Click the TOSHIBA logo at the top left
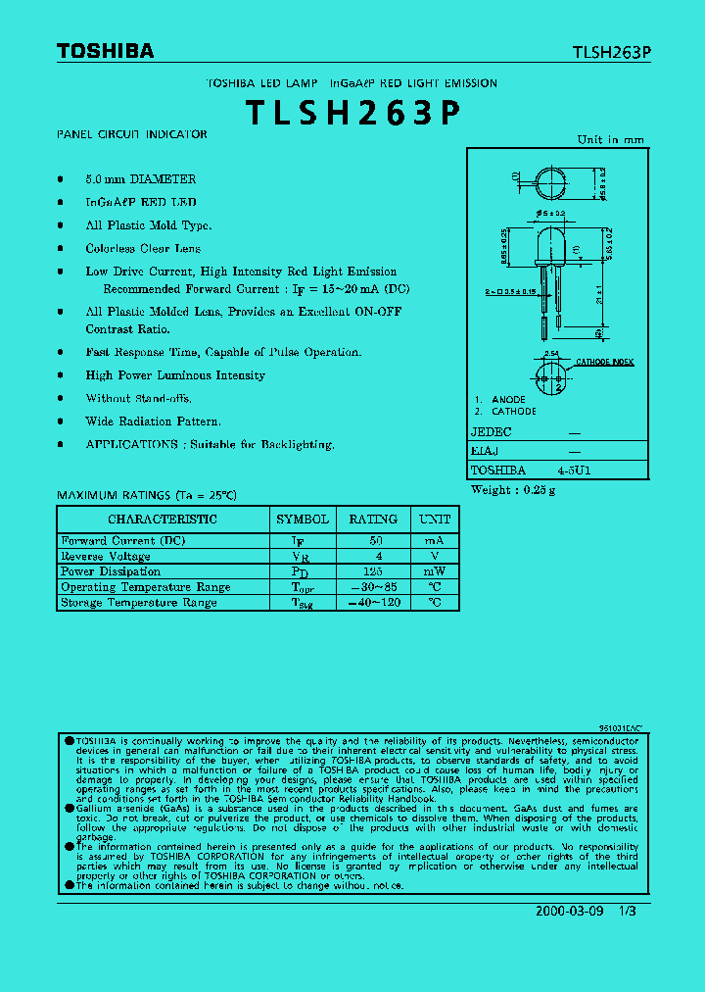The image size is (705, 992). point(105,51)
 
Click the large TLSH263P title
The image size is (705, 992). point(352,114)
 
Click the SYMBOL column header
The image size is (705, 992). point(303,519)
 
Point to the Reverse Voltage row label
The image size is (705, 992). point(106,556)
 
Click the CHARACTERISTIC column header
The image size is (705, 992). point(163,519)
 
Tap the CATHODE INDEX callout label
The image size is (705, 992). point(604,362)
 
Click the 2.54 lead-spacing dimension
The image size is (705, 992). point(550,354)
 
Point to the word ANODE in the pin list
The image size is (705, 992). point(508,400)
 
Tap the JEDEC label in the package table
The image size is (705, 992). point(492,431)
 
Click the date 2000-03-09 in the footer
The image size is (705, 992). point(569,911)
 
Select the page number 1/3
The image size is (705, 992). point(628,911)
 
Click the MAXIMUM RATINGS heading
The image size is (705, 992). point(147,495)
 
